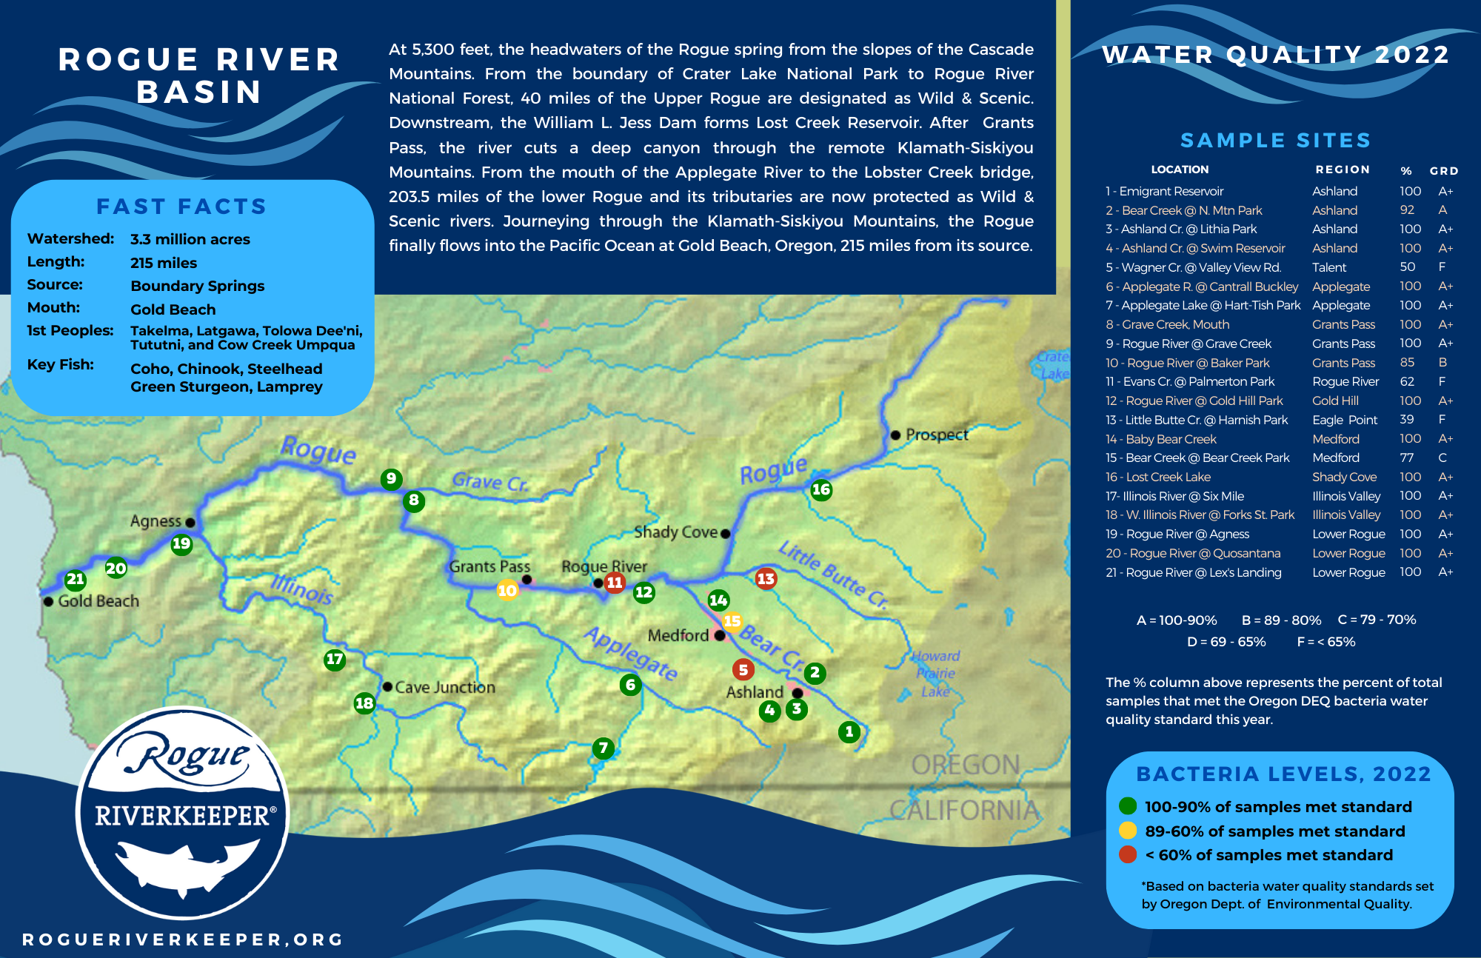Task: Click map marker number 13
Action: click(766, 578)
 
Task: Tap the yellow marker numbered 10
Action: click(507, 590)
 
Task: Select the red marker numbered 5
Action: click(743, 669)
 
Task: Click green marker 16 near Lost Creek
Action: click(820, 489)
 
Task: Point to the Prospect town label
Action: click(936, 435)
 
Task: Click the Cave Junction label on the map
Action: click(444, 687)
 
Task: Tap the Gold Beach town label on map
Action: click(98, 601)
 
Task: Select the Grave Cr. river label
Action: click(489, 482)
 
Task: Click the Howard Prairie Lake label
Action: click(935, 674)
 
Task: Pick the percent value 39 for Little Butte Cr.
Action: click(1407, 419)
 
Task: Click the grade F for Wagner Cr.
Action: click(1442, 267)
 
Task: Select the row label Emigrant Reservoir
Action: click(1171, 191)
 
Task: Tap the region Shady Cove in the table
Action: click(1344, 477)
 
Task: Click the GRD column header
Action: click(1443, 171)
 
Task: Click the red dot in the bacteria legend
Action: click(1128, 854)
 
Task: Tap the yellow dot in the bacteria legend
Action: click(1128, 830)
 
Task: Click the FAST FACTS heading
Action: click(181, 207)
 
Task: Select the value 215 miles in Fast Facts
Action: click(164, 263)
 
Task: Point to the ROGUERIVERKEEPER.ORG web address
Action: click(183, 939)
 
